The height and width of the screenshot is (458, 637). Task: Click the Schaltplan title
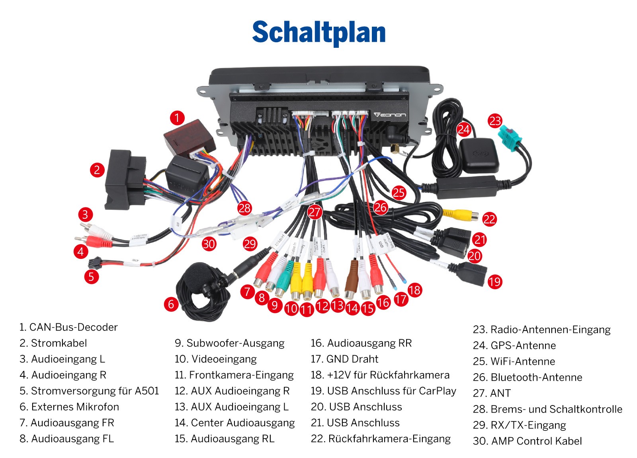[x=318, y=32]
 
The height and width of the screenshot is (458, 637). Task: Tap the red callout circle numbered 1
[x=177, y=118]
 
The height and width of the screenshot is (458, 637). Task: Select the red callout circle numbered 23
[x=495, y=121]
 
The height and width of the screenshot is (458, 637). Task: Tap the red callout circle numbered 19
[x=494, y=282]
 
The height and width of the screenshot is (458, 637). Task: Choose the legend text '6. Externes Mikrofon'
[x=69, y=407]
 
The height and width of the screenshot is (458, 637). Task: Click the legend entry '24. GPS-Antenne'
[x=514, y=345]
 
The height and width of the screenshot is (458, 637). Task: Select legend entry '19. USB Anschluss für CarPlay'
[x=383, y=391]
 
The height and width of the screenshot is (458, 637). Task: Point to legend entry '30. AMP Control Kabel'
[x=527, y=441]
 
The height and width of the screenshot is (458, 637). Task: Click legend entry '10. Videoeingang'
[x=215, y=359]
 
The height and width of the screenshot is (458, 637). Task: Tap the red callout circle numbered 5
[x=91, y=276]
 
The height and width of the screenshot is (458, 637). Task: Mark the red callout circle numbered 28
[x=244, y=208]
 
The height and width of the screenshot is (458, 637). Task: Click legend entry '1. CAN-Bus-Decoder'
[x=68, y=327]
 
